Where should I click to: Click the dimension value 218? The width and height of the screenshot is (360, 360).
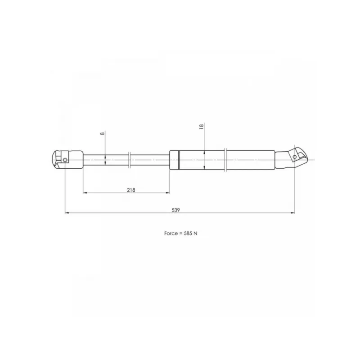point(131,190)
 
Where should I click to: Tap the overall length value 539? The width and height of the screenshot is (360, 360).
point(176,210)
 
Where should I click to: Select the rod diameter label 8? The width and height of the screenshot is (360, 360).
point(103,133)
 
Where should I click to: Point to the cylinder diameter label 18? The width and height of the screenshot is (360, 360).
point(201,126)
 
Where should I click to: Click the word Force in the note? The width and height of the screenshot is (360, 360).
point(171,233)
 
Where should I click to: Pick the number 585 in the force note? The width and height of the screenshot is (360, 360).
point(188,233)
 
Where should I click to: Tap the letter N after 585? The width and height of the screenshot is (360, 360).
point(195,233)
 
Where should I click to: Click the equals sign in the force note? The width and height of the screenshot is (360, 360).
point(181,234)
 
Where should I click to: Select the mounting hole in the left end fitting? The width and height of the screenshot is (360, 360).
point(65,160)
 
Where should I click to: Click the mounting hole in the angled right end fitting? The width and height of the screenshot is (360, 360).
point(295,157)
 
